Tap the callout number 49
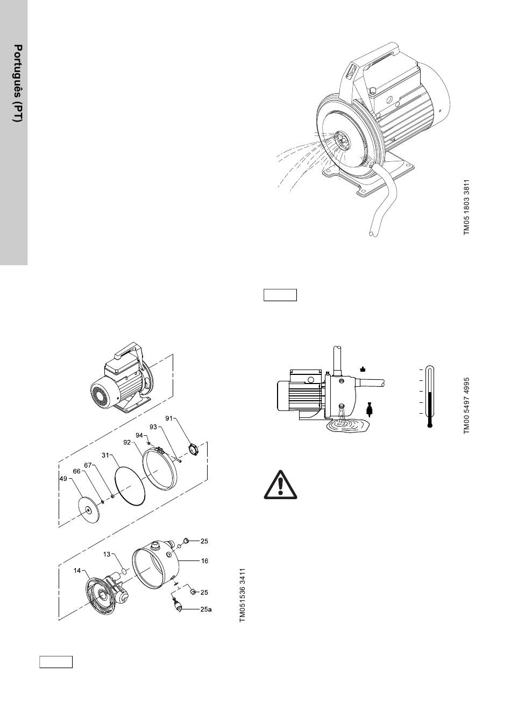point(63,478)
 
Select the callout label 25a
point(205,610)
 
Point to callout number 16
point(204,561)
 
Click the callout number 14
point(77,571)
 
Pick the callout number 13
point(107,553)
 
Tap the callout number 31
point(106,454)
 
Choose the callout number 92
point(127,443)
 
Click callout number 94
point(139,435)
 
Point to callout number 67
point(88,465)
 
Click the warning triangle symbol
point(280,484)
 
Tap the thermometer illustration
point(429,395)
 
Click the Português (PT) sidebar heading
point(18,83)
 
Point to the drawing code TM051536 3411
point(243,595)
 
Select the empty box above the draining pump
point(280,295)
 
